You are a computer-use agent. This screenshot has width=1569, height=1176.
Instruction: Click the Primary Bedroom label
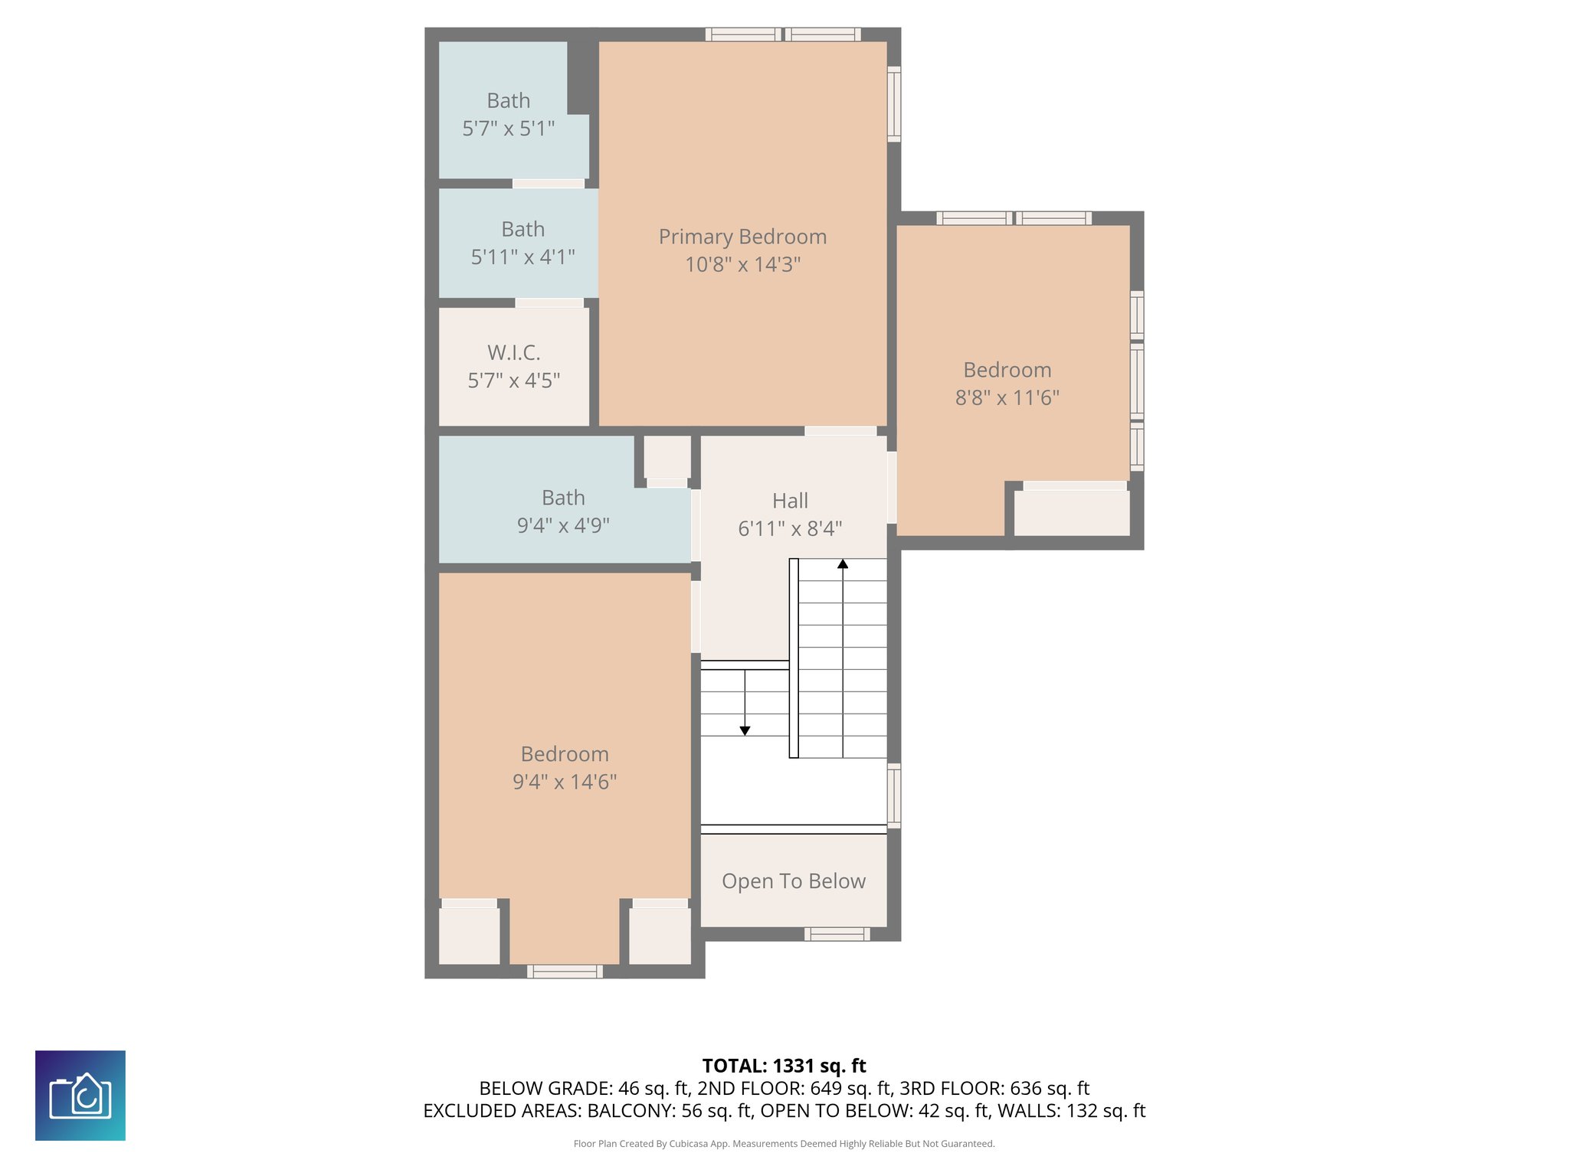742,237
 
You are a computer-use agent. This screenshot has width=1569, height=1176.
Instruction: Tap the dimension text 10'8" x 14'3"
742,265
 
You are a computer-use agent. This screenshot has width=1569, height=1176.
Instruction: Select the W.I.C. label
514,353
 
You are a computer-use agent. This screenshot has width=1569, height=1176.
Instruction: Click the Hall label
790,501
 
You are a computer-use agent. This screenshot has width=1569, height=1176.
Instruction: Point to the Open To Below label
794,881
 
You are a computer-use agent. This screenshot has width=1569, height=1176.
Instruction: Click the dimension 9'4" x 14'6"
565,782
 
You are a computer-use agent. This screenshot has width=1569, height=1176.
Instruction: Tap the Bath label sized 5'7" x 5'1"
509,101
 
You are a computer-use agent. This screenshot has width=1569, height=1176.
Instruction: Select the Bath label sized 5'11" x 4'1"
523,230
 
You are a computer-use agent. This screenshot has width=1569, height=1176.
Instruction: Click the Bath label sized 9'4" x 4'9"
563,498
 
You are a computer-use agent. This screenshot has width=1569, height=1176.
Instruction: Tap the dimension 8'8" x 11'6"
1007,398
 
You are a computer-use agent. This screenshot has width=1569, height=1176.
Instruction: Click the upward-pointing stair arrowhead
843,564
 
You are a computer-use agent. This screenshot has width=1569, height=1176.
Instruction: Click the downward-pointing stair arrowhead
745,731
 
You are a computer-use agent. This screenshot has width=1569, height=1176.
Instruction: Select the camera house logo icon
80,1095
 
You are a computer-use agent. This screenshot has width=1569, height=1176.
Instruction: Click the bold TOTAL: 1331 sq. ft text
784,1066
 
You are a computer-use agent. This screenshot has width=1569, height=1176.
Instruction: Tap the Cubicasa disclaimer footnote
784,1144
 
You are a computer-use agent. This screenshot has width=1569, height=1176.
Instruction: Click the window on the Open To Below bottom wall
837,934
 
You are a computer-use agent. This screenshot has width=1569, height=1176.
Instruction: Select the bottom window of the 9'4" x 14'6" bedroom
565,972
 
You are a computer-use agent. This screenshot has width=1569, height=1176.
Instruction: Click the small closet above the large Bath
667,457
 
